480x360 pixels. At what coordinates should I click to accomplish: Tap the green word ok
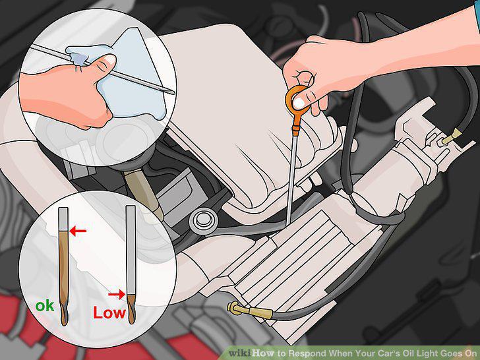[45, 305]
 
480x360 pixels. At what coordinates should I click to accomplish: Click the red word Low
[109, 313]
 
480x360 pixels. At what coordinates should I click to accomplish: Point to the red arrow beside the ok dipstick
[78, 231]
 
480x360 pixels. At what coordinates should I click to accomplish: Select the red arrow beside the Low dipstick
[117, 295]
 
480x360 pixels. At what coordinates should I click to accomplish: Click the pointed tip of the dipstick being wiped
[173, 92]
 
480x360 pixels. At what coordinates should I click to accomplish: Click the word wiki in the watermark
[240, 353]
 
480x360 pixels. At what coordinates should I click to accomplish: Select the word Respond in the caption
[307, 353]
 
